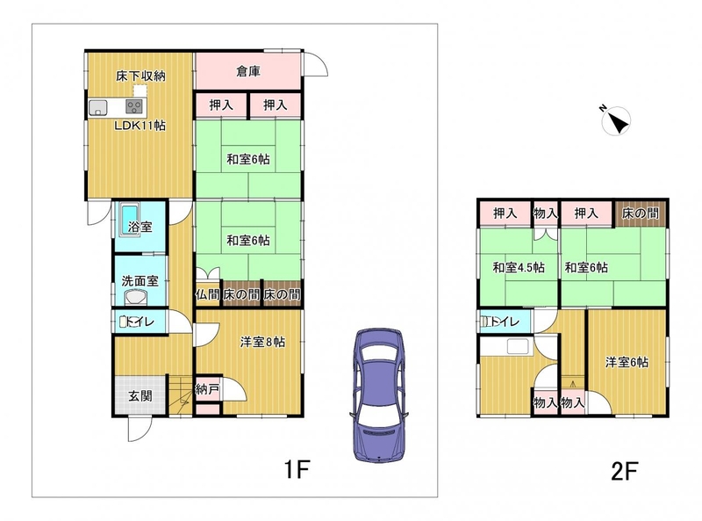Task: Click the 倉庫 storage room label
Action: pyautogui.click(x=248, y=71)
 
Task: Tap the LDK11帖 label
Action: pyautogui.click(x=140, y=125)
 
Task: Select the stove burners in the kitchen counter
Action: pyautogui.click(x=134, y=106)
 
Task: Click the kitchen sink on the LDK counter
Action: pyautogui.click(x=97, y=107)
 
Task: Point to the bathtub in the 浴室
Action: pyautogui.click(x=130, y=220)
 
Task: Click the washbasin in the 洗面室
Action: pyautogui.click(x=136, y=297)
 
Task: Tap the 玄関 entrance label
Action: pyautogui.click(x=140, y=396)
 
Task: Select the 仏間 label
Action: pyautogui.click(x=208, y=294)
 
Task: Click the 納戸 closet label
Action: pyautogui.click(x=207, y=389)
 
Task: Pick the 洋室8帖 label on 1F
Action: pyautogui.click(x=262, y=342)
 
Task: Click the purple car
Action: pyautogui.click(x=379, y=395)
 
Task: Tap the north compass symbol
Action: pyautogui.click(x=616, y=121)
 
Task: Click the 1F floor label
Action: pyautogui.click(x=296, y=470)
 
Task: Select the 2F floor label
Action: pyautogui.click(x=624, y=471)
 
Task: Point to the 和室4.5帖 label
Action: pyautogui.click(x=519, y=268)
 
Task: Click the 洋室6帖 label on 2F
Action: pyautogui.click(x=627, y=362)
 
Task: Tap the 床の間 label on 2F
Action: pyautogui.click(x=641, y=213)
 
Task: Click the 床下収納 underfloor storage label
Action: pyautogui.click(x=140, y=76)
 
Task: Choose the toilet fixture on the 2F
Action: pyautogui.click(x=485, y=322)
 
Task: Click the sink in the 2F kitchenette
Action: pyautogui.click(x=518, y=346)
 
